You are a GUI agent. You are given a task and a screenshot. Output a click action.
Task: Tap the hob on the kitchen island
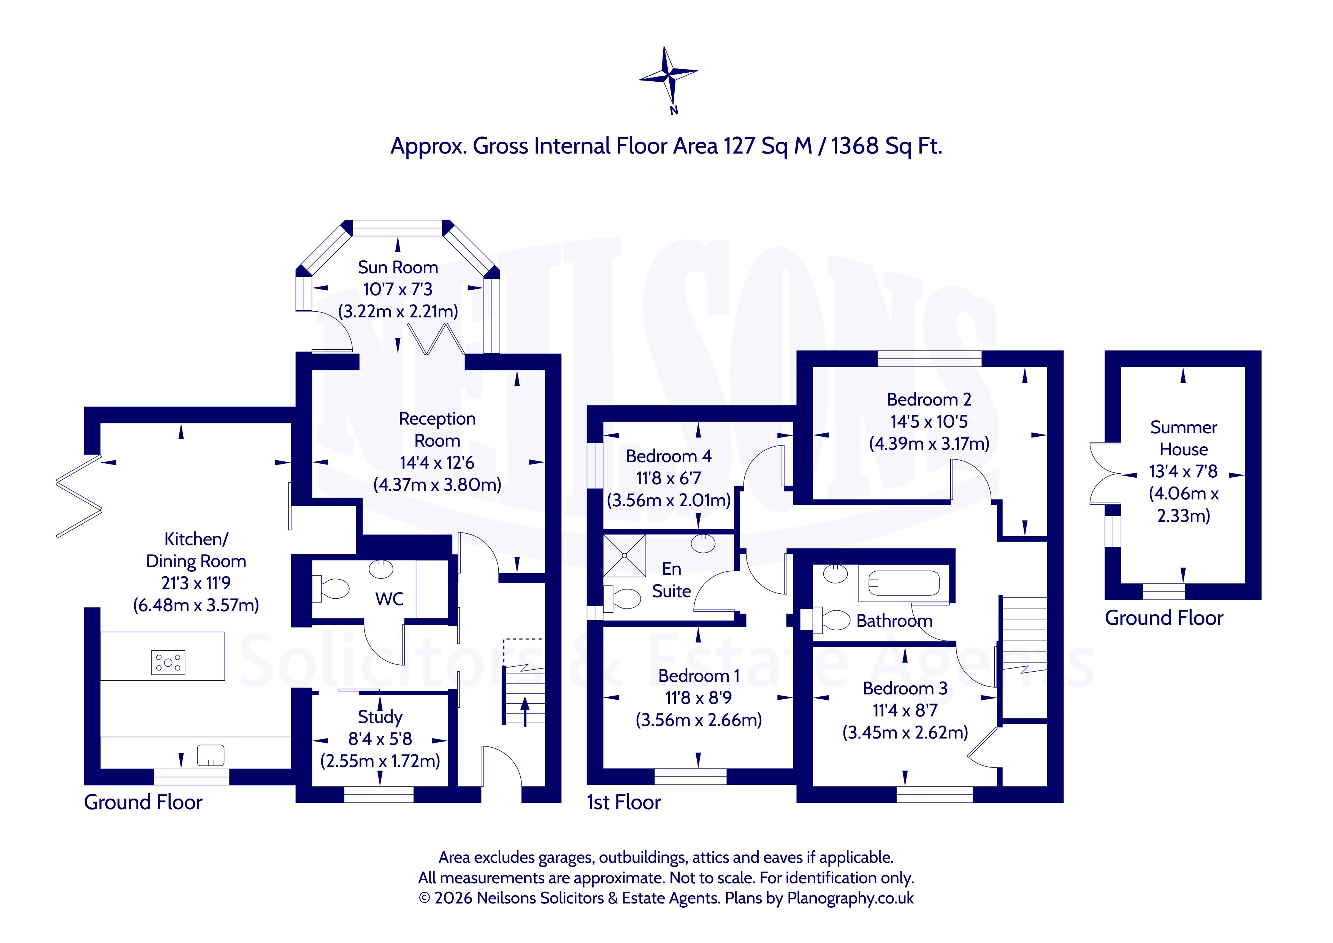click(x=168, y=662)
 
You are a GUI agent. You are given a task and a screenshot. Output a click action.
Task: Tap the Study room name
click(x=380, y=717)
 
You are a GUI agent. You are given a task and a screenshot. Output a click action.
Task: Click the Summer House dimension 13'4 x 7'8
click(x=1183, y=471)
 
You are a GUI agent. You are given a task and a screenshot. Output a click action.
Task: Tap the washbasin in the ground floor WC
click(x=382, y=569)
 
